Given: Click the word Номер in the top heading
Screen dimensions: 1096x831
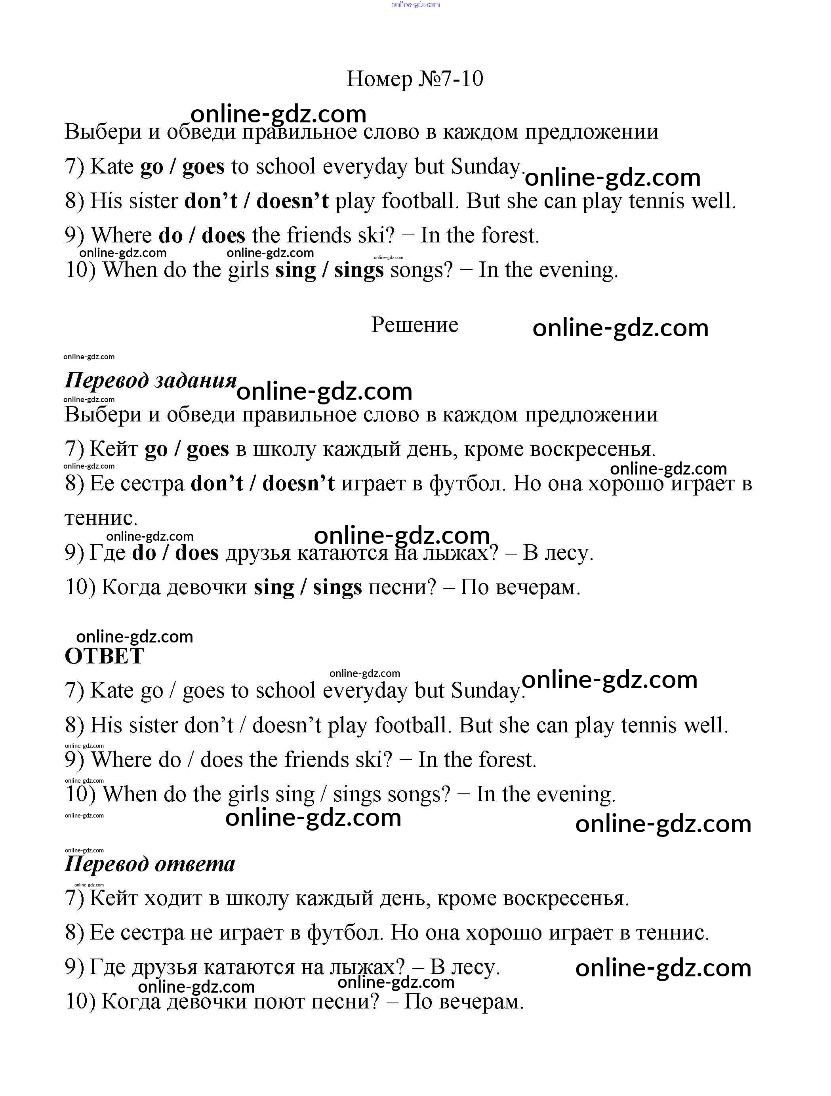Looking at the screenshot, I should tap(379, 79).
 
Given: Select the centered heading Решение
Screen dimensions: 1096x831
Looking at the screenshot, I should tap(415, 325).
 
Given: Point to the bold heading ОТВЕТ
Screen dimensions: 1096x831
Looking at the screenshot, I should tap(104, 656).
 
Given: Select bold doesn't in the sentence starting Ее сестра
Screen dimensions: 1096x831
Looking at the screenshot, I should tap(298, 483).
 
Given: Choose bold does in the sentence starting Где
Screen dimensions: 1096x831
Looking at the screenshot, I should tap(197, 553).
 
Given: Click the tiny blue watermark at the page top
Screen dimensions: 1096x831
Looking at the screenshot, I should tap(415, 4).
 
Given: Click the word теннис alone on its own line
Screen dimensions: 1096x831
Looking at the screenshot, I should tap(100, 518).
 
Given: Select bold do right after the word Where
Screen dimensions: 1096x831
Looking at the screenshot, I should tap(170, 235).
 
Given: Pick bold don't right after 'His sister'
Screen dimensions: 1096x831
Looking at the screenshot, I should tap(211, 201).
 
